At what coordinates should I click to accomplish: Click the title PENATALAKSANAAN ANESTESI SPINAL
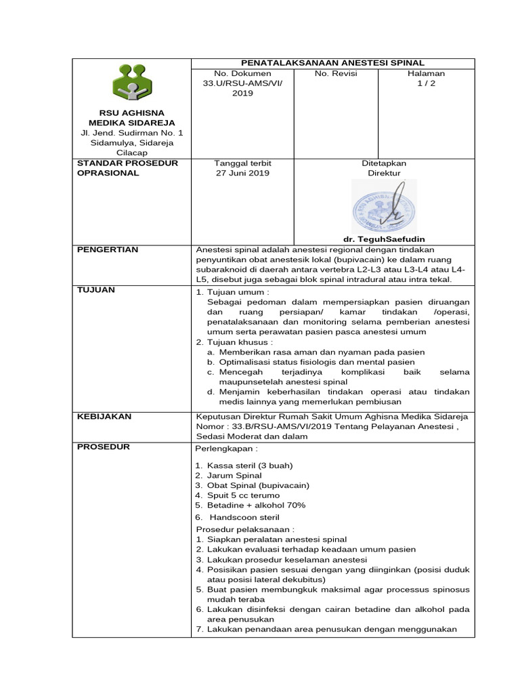coord(334,63)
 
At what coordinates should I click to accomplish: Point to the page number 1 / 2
coord(426,83)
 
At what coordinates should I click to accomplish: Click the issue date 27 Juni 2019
coord(242,173)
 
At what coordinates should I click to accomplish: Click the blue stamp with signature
coord(384,207)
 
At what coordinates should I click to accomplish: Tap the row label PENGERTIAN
coord(108,250)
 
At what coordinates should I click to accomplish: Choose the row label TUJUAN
coord(96,291)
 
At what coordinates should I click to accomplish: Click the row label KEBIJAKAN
coord(104,416)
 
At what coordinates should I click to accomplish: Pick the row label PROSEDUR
coord(103,447)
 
